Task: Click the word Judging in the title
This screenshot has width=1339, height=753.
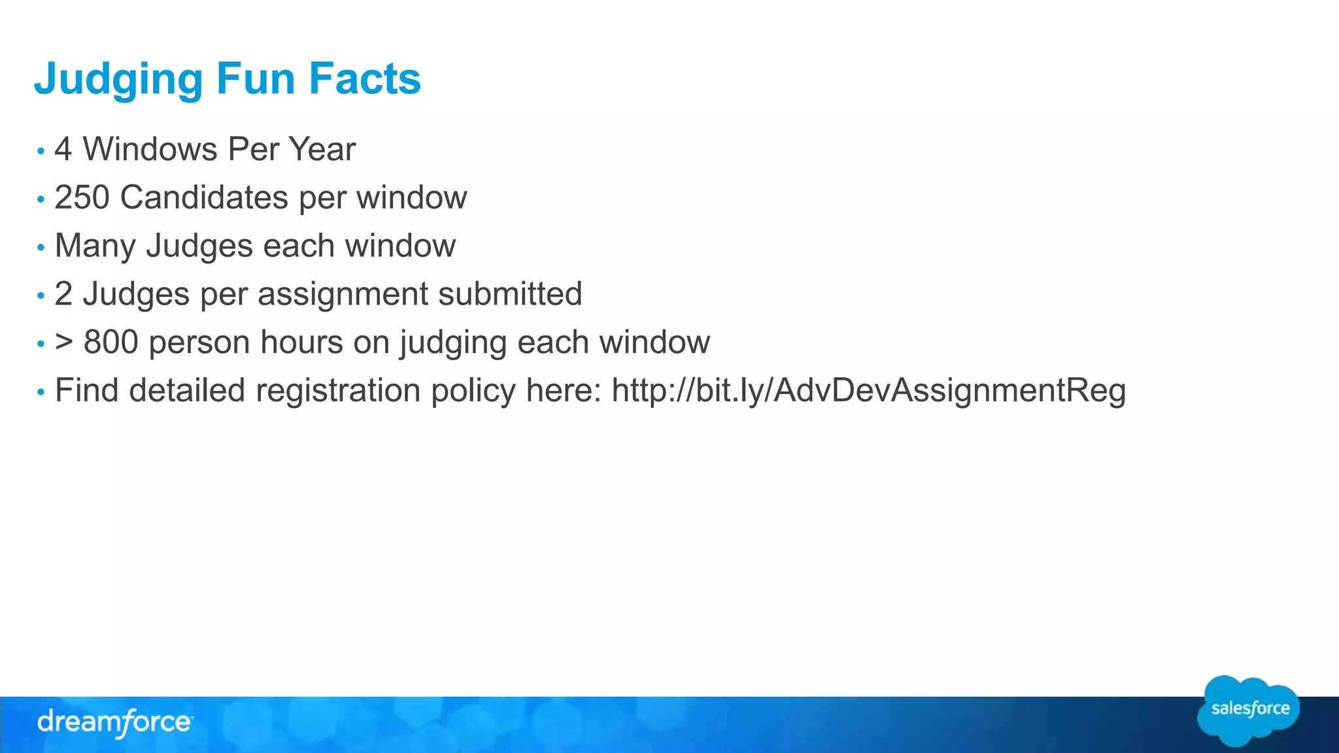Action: coord(118,79)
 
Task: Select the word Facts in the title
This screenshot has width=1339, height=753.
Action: coord(365,79)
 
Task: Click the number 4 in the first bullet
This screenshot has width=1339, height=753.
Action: coord(63,149)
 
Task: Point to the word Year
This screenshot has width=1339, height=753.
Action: coord(322,149)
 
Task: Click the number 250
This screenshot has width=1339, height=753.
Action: coord(82,197)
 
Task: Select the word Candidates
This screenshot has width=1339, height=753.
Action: coord(204,197)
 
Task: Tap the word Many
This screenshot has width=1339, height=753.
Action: coord(95,246)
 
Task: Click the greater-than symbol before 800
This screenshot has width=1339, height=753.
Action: coord(64,343)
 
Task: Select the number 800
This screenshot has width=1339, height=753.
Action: coord(111,343)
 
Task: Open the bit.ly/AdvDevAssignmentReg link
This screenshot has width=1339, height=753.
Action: coord(868,391)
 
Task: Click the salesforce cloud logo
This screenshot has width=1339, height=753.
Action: coord(1249,710)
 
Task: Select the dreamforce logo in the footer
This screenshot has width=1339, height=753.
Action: coord(114,722)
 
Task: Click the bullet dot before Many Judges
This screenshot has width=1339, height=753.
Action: coord(41,248)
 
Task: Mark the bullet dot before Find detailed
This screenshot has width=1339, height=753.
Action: coord(41,392)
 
